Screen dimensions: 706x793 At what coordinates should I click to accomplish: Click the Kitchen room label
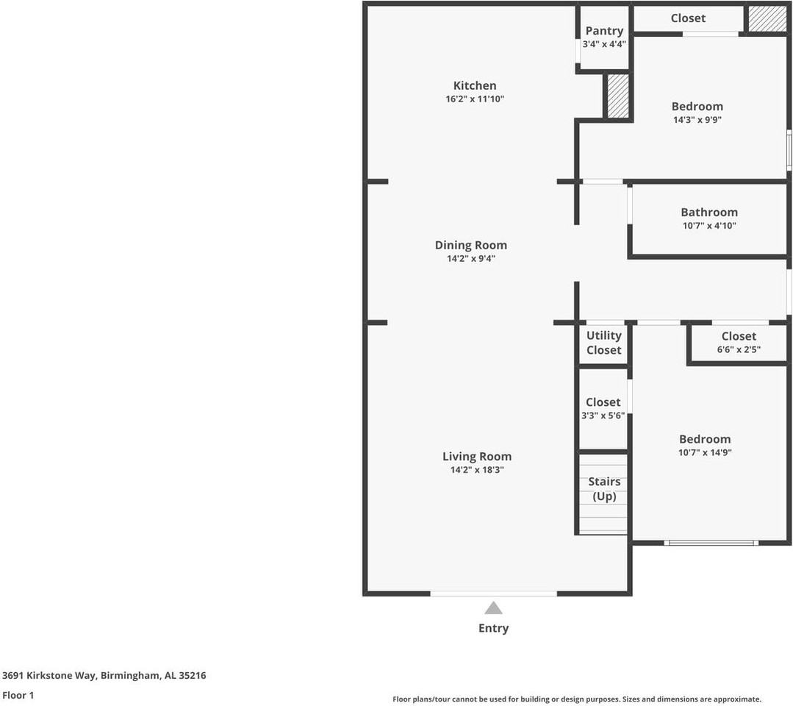tap(474, 85)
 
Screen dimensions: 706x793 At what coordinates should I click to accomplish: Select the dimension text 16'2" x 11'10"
tap(474, 99)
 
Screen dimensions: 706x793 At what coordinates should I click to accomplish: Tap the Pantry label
tap(604, 31)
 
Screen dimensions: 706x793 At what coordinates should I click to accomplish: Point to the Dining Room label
tap(470, 245)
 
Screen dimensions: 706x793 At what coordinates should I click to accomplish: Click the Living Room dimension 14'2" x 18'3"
tap(477, 470)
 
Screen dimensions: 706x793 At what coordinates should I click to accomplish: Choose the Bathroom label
tap(708, 213)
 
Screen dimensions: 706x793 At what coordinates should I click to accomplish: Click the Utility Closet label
tap(603, 343)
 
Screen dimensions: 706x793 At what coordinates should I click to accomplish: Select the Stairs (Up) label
tap(604, 489)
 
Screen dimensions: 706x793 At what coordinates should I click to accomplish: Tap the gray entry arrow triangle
tap(493, 608)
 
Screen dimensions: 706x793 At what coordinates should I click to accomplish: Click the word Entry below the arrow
tap(493, 628)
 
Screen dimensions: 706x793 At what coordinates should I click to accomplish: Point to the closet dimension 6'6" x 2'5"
tap(739, 350)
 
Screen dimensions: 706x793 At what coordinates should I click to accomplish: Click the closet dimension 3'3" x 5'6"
tap(603, 416)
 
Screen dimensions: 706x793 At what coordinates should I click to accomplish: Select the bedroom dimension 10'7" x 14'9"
tap(705, 453)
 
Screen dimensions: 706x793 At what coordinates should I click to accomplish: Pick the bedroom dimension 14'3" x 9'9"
tap(697, 120)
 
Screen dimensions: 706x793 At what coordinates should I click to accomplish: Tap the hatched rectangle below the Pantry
tap(617, 96)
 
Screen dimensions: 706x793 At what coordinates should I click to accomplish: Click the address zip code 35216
tap(191, 675)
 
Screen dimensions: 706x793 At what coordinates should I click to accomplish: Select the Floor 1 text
tap(18, 695)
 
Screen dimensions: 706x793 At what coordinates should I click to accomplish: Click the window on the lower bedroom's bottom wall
tap(711, 543)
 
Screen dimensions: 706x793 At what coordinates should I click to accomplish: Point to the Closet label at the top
tap(688, 18)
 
